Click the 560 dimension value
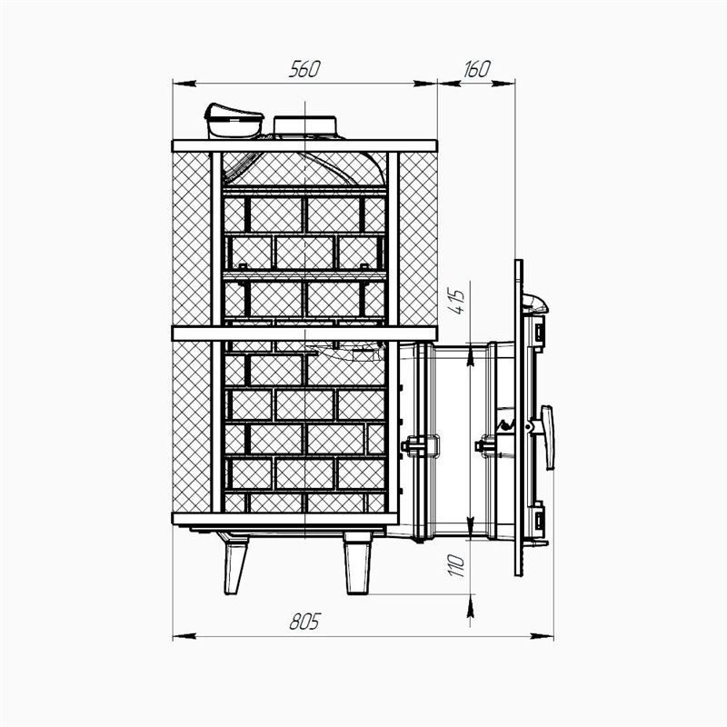304,69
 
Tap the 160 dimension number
476,69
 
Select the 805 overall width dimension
304,622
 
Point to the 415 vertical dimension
456,302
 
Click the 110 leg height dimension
456,565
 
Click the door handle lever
548,437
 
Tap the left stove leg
235,563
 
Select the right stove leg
357,563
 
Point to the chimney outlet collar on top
304,125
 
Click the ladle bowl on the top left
234,122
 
